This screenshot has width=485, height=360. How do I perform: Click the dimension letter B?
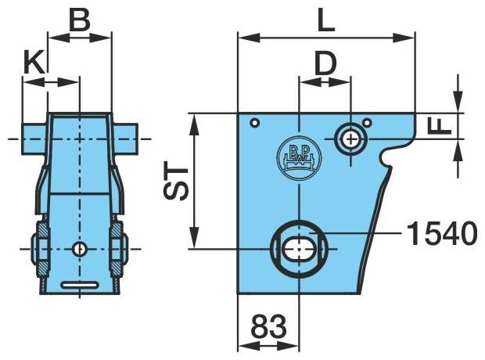point(80,20)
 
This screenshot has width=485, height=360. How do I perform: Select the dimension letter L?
point(326,20)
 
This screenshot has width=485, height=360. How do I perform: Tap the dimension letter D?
point(325,64)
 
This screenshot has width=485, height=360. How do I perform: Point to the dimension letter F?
point(440,126)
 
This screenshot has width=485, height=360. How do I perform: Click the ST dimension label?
point(176,181)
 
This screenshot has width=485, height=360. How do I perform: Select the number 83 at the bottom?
point(268,326)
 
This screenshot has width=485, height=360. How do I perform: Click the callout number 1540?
point(442,232)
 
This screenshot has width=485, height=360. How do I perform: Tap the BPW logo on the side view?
point(299,158)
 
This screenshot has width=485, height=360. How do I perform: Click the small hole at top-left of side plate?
point(255,123)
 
